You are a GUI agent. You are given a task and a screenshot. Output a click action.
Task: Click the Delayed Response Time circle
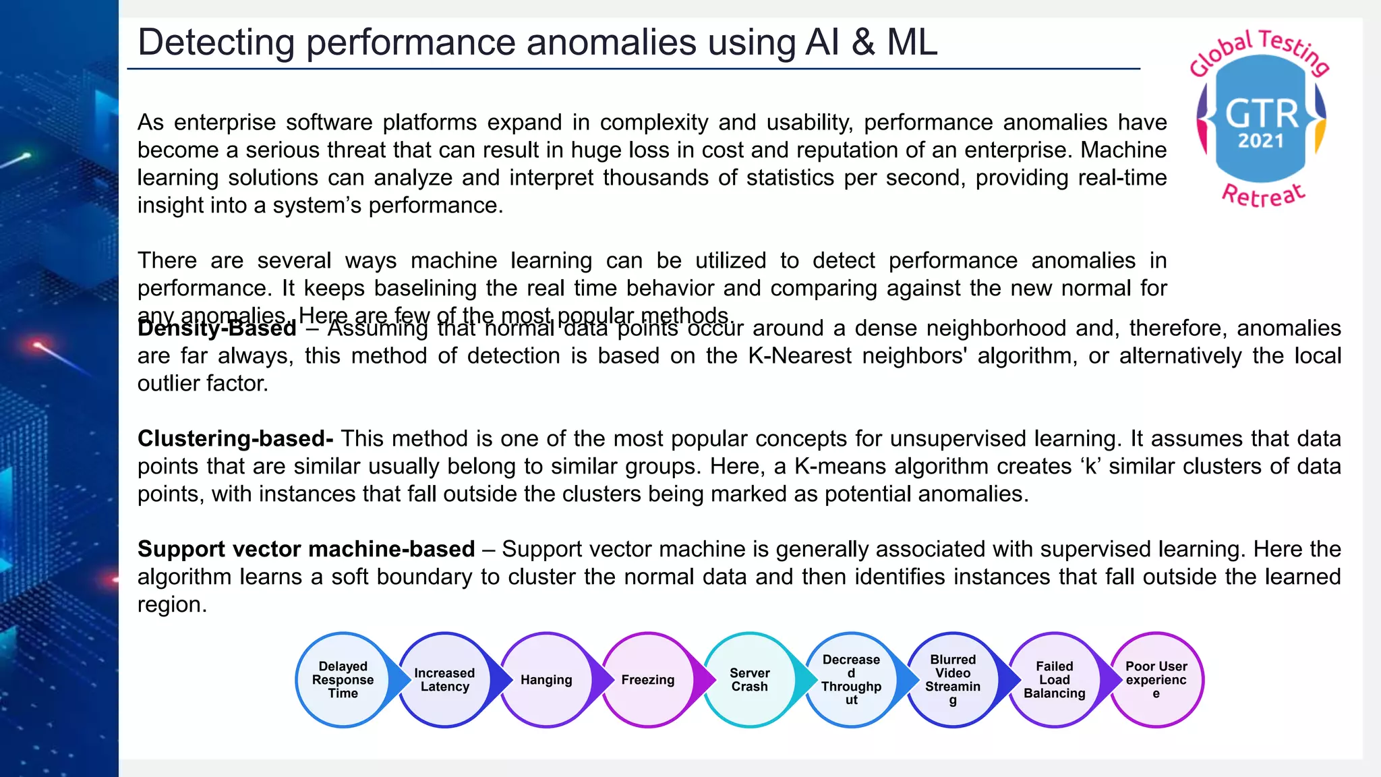click(343, 680)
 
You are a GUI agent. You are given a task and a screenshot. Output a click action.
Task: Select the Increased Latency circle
click(444, 680)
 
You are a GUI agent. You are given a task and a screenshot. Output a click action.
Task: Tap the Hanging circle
click(546, 680)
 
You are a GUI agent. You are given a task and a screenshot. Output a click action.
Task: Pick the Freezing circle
click(647, 680)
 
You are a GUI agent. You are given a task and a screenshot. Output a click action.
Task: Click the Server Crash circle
click(749, 680)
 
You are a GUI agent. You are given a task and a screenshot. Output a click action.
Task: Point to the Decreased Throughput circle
click(851, 680)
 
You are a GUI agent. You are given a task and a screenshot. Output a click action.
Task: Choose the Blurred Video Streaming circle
click(952, 680)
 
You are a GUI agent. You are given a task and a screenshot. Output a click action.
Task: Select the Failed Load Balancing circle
click(1054, 680)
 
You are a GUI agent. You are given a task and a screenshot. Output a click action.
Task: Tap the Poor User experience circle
click(1156, 680)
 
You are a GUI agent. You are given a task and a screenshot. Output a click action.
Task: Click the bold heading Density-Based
click(216, 328)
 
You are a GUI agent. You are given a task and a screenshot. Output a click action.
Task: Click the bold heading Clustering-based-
click(235, 438)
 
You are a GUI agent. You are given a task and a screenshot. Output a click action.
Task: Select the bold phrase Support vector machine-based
click(306, 549)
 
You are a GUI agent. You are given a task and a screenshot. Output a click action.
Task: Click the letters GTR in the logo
click(1261, 113)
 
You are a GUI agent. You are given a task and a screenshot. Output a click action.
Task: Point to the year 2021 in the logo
click(1260, 141)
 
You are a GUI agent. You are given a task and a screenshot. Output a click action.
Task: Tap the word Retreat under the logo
click(1263, 195)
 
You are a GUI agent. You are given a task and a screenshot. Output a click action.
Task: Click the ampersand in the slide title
click(862, 42)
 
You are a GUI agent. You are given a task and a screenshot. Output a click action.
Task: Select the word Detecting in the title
click(216, 42)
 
